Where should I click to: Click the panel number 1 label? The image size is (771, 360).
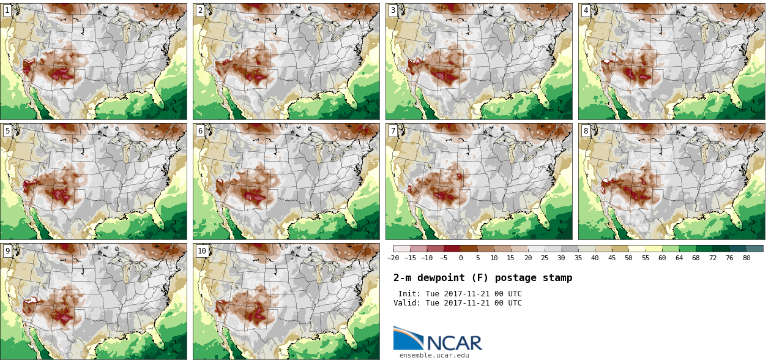(x=7, y=10)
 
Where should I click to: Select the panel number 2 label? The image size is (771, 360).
(x=200, y=10)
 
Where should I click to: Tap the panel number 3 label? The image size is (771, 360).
(x=393, y=10)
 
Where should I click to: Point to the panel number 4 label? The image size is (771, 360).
(x=586, y=10)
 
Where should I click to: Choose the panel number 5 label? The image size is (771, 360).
(x=7, y=130)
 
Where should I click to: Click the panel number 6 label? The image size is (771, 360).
(x=200, y=130)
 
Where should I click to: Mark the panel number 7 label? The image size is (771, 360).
(x=393, y=130)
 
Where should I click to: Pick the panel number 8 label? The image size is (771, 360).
(x=586, y=130)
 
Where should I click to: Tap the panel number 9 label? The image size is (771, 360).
(x=7, y=250)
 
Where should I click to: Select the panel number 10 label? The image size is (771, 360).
(x=202, y=250)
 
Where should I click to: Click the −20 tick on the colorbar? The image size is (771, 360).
(x=393, y=258)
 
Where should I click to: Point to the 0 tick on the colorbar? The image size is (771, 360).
(x=461, y=258)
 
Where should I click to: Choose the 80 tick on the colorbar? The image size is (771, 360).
(x=747, y=258)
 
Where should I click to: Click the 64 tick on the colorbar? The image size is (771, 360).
(x=679, y=258)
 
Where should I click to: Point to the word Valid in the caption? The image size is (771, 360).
(x=406, y=303)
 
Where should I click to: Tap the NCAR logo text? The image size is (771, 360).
(x=454, y=343)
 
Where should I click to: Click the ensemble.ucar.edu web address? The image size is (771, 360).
(x=434, y=355)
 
